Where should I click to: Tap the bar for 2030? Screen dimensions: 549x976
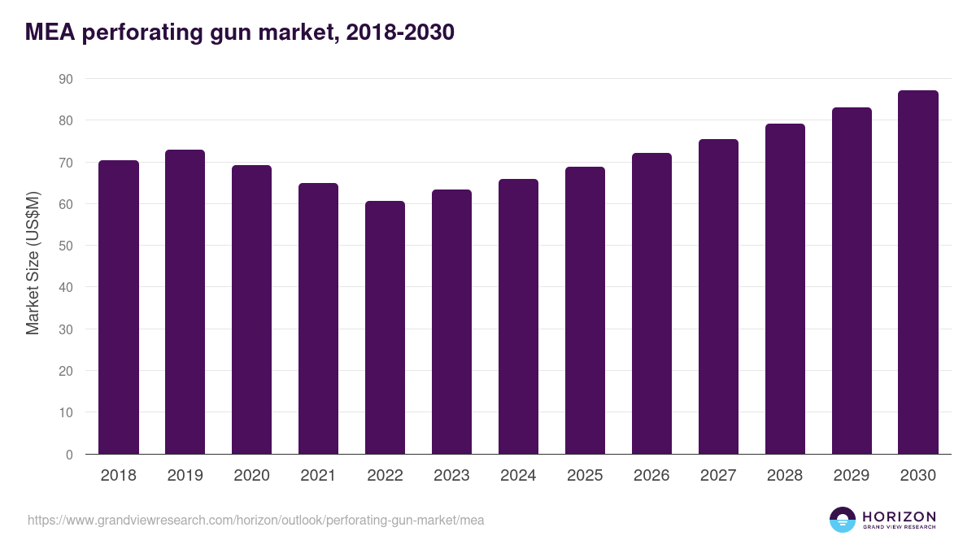918,272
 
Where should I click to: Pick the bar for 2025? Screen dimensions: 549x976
585,311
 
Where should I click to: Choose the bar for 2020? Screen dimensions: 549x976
251,310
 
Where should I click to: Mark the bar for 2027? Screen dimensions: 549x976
718,297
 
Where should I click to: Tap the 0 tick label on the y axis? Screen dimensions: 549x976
69,455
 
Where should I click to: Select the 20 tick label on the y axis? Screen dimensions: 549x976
65,371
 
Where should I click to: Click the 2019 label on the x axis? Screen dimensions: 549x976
185,476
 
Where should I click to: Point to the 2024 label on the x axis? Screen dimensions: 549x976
518,476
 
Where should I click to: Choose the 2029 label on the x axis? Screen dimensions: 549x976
852,476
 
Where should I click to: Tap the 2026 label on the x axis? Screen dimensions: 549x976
651,476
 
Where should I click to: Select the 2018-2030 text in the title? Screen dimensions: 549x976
399,33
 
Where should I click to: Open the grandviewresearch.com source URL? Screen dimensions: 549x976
255,520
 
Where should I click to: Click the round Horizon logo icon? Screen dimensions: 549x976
843,520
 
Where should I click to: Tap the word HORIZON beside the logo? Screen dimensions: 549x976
899,516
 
